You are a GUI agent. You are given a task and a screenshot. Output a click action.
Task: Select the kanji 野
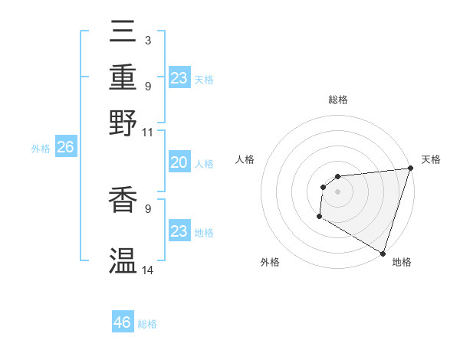(x=123, y=122)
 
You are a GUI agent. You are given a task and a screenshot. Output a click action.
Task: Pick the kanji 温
(x=123, y=261)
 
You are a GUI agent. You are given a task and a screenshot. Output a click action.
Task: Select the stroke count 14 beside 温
(x=147, y=270)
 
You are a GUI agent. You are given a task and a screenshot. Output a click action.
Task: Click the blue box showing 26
(x=65, y=148)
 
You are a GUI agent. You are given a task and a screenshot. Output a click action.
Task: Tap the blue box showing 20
(x=179, y=162)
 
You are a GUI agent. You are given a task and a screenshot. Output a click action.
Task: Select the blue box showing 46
(x=123, y=322)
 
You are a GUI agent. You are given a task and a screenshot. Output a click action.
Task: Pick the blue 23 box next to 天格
(x=179, y=78)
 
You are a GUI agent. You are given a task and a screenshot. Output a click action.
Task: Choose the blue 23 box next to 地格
(x=179, y=231)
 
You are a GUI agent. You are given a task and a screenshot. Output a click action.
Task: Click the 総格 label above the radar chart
(x=338, y=100)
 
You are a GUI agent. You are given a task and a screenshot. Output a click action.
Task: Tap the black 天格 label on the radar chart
(x=431, y=159)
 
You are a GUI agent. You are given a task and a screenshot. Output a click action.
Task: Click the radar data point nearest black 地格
(x=383, y=254)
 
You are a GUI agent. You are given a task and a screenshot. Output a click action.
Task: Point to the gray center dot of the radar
(x=338, y=192)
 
